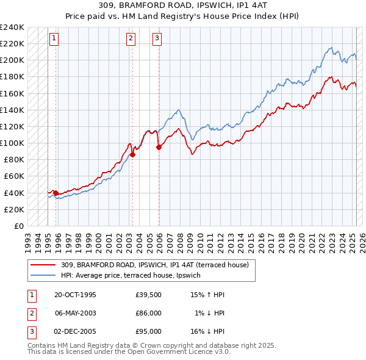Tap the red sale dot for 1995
(56, 193)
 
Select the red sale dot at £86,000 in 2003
(132, 154)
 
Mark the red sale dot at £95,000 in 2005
(159, 147)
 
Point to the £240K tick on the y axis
(12, 27)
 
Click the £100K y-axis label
(12, 143)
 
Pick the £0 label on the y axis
(18, 226)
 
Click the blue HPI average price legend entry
(134, 275)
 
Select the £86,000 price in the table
(148, 313)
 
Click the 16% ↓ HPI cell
(208, 331)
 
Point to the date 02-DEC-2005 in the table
(75, 331)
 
